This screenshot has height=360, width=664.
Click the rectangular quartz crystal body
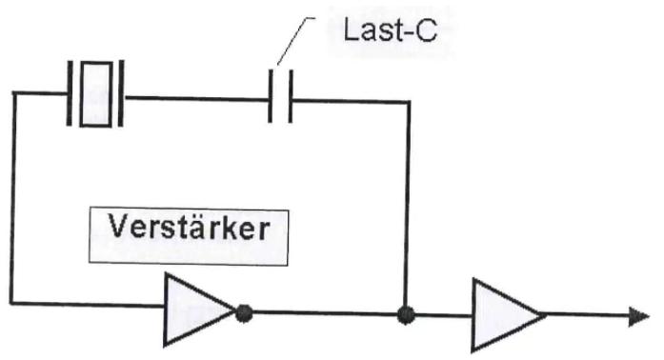[95, 93]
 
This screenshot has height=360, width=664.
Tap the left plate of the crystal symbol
[71, 93]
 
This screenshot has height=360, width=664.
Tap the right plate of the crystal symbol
[119, 93]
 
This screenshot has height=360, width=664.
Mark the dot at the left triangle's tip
[244, 310]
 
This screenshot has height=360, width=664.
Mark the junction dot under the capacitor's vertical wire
[407, 311]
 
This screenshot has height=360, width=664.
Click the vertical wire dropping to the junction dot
[408, 200]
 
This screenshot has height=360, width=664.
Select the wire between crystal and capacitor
[195, 95]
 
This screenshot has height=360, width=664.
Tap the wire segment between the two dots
[324, 311]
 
